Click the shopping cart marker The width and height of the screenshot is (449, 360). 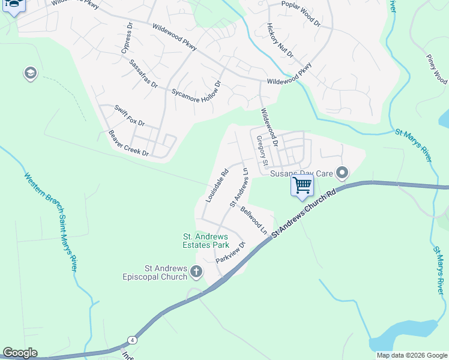coord(302,184)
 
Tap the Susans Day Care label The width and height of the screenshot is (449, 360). coord(301,173)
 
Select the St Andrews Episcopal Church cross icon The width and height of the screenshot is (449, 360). coord(196,272)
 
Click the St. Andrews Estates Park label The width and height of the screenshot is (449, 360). coord(206,241)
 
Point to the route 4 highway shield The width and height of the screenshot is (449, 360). coord(131,340)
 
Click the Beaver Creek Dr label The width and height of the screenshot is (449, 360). coord(128,144)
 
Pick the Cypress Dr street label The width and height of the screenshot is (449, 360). coord(127,39)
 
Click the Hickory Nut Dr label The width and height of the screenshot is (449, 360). coord(280,41)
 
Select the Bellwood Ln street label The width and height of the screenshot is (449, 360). coord(254,220)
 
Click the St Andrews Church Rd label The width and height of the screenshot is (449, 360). coord(303,214)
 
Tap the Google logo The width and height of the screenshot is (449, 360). coord(20,353)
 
